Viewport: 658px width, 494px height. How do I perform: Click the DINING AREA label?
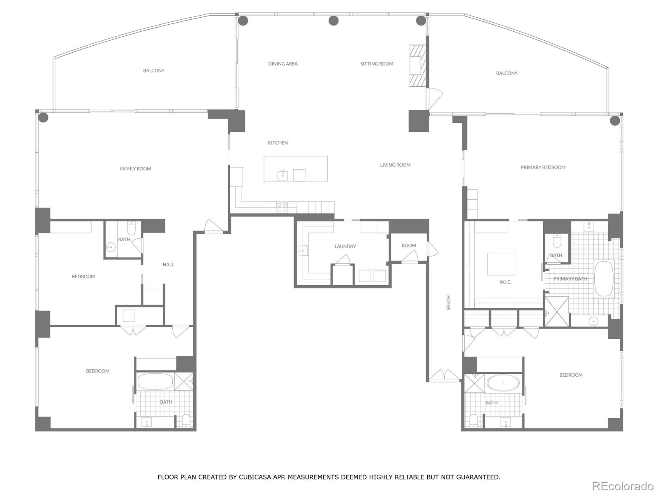click(283, 64)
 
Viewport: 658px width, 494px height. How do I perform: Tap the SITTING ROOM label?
click(377, 64)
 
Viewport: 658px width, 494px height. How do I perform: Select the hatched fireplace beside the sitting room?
click(417, 65)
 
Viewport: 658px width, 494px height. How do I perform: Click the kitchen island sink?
click(283, 175)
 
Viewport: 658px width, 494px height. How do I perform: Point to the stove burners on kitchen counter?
click(282, 207)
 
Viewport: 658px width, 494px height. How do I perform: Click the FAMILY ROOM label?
click(135, 168)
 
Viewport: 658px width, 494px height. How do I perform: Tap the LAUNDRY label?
click(345, 246)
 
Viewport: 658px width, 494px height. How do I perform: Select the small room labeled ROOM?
click(409, 245)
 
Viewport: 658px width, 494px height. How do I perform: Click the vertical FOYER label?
click(448, 302)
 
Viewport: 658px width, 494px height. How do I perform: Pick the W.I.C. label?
click(505, 282)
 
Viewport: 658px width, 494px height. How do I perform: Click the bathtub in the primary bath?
click(604, 279)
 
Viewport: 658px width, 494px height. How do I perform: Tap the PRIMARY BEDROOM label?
click(543, 167)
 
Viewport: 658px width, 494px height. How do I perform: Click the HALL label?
click(168, 264)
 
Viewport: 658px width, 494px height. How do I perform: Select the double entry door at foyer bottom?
click(444, 375)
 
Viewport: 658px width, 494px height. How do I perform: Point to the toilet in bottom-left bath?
click(186, 420)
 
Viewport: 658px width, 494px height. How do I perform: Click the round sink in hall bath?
click(111, 247)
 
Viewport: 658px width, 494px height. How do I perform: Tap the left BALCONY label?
click(153, 70)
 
